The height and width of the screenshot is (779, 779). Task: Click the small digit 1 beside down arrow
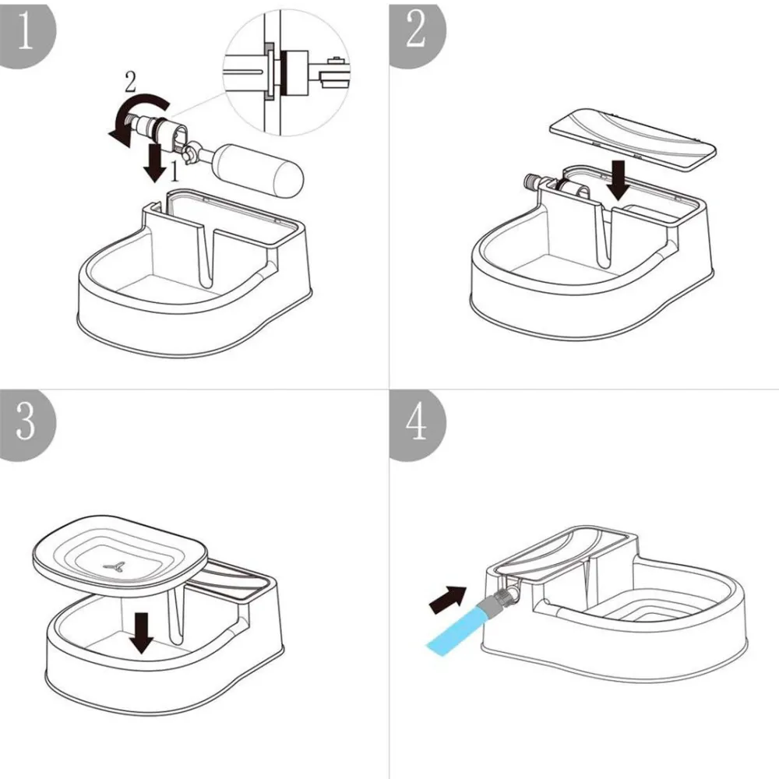click(177, 167)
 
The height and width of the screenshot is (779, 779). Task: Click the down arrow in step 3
click(141, 632)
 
